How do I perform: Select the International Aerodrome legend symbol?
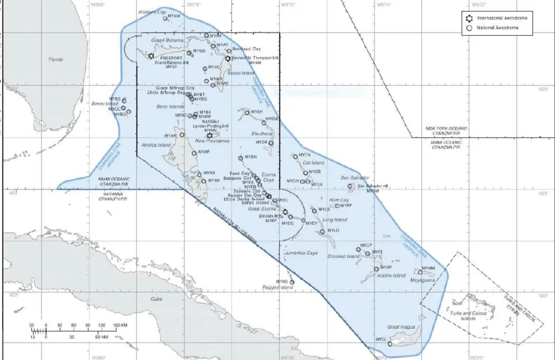point(470,18)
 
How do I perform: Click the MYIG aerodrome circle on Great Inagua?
point(390,343)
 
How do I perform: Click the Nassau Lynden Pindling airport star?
point(209,135)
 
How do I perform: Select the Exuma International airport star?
point(285,211)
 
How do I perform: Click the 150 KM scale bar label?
point(120,325)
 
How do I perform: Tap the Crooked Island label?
point(344,256)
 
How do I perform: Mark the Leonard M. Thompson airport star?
point(228,58)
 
